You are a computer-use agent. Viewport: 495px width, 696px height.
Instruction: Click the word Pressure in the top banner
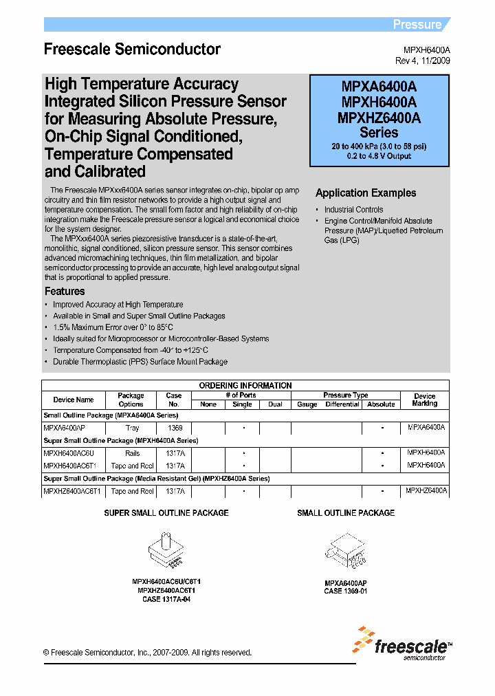417,25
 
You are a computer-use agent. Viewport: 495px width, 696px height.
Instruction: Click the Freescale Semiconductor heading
132,50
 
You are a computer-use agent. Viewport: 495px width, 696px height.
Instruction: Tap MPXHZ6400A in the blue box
379,118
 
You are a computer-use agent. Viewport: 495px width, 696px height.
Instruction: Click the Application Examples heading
366,193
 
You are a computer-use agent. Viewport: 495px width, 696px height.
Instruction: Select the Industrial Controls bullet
353,210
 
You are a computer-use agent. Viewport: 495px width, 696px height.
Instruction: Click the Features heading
65,292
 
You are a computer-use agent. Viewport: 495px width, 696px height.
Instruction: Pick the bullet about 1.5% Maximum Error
113,327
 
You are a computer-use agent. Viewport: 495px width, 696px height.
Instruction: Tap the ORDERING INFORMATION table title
245,385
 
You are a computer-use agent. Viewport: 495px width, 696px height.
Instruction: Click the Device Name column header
74,400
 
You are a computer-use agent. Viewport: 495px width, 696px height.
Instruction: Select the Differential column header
342,404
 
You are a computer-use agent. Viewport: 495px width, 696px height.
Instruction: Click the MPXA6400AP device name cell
65,428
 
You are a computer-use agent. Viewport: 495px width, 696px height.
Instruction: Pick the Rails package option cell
132,453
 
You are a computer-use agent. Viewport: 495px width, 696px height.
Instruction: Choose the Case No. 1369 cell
174,428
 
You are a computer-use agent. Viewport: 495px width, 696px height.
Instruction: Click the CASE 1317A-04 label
166,599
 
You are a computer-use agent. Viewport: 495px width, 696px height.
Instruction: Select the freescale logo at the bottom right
402,644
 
